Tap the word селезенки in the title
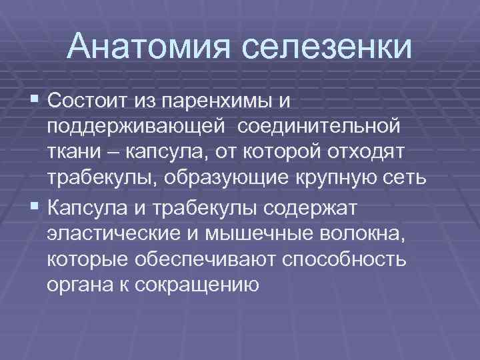click(x=329, y=46)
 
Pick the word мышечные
click(x=263, y=235)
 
